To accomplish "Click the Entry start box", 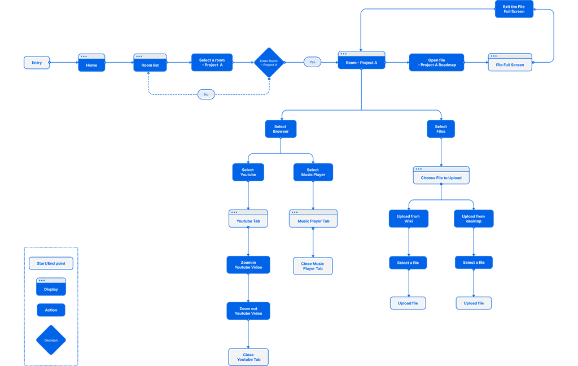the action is click(37, 62).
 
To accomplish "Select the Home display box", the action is click(91, 63).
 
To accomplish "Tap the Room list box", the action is click(150, 63).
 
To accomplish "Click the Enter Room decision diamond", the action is click(269, 62).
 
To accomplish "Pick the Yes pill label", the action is click(312, 62).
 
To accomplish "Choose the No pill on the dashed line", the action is click(206, 94).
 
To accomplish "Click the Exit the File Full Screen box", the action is click(514, 9).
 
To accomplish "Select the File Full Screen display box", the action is click(510, 62).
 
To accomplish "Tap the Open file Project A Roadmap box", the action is click(436, 62).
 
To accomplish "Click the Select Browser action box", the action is click(281, 129).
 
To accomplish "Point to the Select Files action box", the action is click(441, 129).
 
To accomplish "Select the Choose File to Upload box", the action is click(441, 175).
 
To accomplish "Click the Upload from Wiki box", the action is click(409, 219).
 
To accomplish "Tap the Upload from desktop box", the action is click(474, 219).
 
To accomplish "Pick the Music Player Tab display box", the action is click(313, 219).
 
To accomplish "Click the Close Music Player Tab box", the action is click(313, 266).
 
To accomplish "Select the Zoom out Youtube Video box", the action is click(248, 311).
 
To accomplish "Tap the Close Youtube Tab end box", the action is click(248, 357).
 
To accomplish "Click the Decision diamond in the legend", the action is click(51, 340).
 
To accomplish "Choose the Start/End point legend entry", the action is click(51, 263).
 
